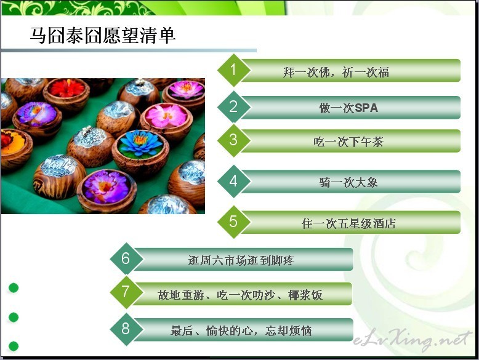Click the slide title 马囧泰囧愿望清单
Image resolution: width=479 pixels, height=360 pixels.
103,36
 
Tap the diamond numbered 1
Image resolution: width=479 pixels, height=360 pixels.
234,70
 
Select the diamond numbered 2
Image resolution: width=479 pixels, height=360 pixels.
234,107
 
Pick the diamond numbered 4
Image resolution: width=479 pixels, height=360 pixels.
234,181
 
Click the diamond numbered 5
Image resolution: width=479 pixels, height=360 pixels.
234,222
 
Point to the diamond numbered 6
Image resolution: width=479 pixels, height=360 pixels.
126,258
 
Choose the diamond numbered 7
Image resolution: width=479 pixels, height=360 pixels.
126,292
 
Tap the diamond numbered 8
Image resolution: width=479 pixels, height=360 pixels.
126,329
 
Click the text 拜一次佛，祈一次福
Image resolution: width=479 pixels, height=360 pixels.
336,73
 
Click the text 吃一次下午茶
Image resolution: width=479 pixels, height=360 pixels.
348,142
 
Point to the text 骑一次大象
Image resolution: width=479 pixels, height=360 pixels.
348,183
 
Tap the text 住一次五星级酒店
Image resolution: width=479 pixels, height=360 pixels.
348,223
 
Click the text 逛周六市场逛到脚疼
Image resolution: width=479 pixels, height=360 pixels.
241,260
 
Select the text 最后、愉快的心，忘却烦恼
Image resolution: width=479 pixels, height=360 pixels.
241,330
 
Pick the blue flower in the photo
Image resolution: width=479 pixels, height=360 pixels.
140,143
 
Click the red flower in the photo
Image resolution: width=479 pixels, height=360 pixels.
67,88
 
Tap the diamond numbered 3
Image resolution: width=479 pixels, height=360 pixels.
234,140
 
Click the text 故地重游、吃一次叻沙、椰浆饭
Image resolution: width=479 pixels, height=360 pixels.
240,295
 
